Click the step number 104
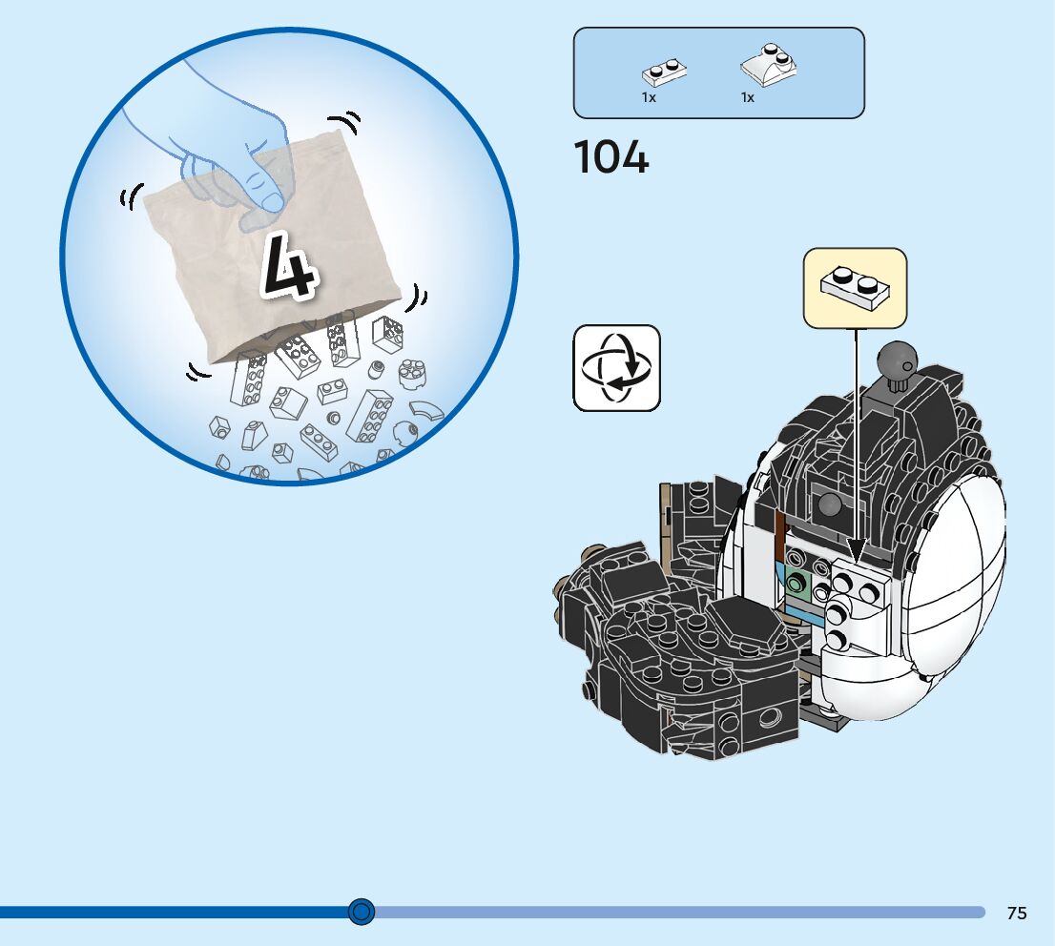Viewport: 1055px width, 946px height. coord(611,157)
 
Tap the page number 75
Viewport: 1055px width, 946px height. coord(1017,913)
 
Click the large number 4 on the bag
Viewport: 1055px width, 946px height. coord(287,266)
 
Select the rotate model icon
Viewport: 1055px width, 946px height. coord(616,368)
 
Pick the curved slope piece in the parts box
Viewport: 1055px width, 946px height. coord(769,67)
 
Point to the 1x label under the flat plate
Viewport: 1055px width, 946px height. coord(649,98)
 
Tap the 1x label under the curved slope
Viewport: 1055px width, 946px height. coord(748,98)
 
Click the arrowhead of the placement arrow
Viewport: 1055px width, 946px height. coord(856,551)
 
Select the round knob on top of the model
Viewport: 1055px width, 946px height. coord(900,360)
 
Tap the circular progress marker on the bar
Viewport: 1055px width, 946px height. coord(361,912)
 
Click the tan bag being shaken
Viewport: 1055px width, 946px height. coord(277,267)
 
